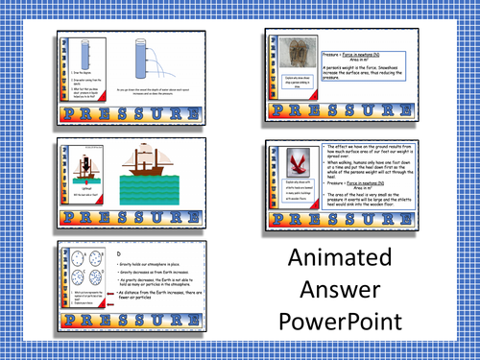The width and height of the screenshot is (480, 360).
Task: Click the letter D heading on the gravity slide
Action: (116, 253)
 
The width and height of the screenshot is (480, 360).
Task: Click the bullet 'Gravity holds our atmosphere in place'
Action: (154, 265)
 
